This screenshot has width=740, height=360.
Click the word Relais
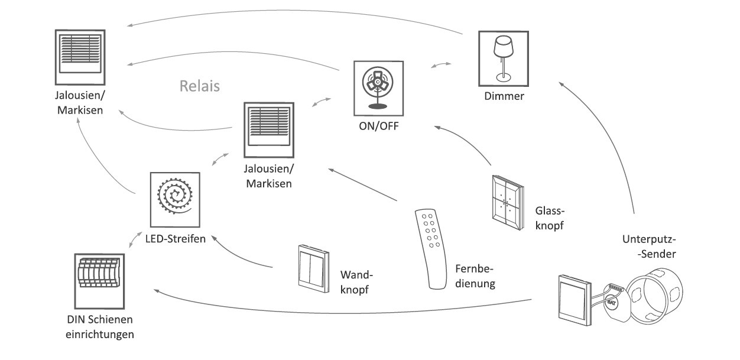(x=200, y=87)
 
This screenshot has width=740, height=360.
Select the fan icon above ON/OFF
(x=378, y=87)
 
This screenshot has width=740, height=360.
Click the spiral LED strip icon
(x=175, y=199)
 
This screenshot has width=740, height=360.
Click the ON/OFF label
(x=378, y=127)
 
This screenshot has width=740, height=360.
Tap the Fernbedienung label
(x=475, y=277)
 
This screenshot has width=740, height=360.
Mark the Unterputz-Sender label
(x=649, y=247)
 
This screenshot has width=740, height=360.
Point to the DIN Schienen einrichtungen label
(x=100, y=327)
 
